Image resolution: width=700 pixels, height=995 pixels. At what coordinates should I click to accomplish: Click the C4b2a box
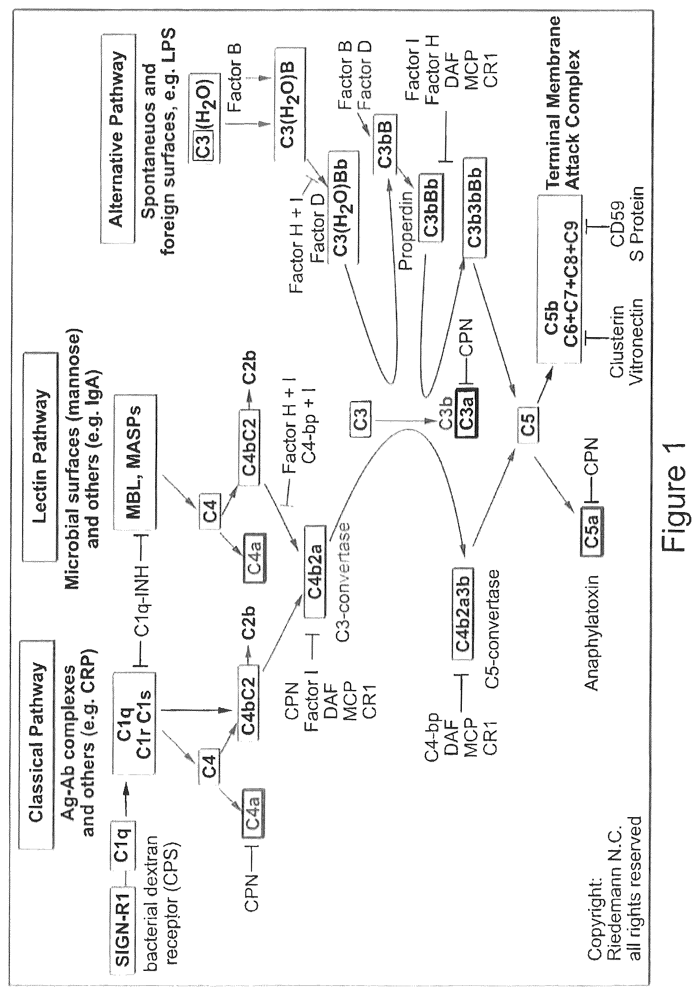(315, 572)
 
